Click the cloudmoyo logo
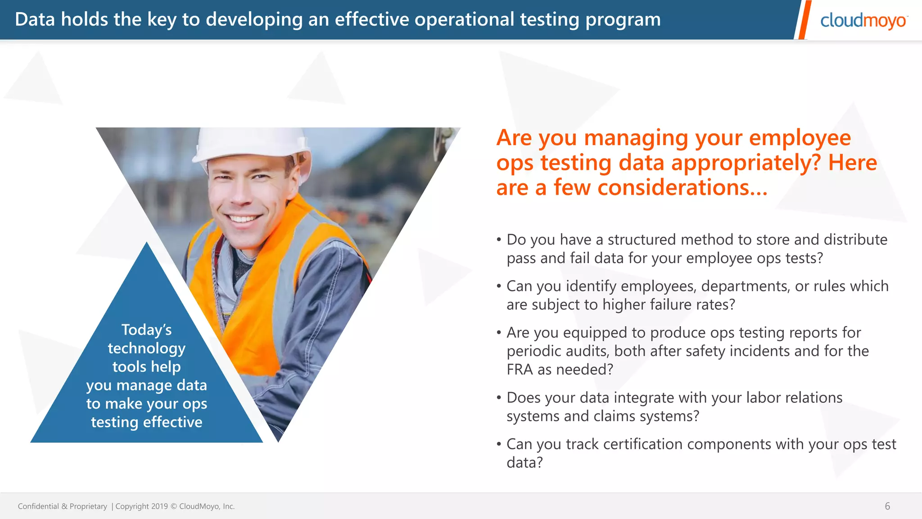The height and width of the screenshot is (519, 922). point(863,21)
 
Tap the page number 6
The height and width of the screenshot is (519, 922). point(887,506)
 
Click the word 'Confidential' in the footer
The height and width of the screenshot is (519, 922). point(38,506)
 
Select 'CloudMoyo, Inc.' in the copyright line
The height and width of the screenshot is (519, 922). point(207,506)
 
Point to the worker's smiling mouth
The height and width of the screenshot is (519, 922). point(244,219)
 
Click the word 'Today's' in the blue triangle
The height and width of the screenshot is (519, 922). point(146,330)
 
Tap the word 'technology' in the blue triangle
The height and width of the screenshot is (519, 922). point(146,348)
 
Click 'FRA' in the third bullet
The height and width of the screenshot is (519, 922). point(520,369)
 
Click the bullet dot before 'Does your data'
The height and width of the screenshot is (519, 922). point(499,398)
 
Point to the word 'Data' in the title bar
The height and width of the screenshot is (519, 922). point(35,19)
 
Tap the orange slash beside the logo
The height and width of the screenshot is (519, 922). point(803,20)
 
